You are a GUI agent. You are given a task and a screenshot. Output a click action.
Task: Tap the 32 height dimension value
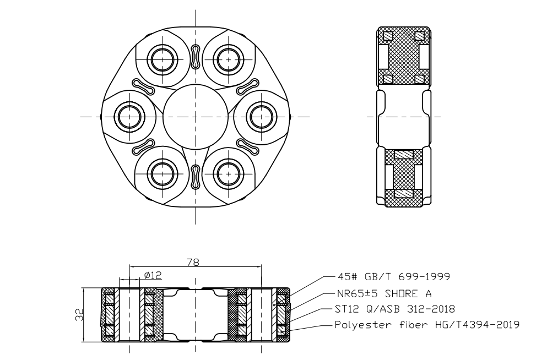(x=79, y=315)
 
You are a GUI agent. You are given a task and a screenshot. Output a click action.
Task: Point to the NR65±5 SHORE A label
(x=384, y=293)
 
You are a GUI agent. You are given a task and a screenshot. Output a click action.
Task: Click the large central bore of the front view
(x=196, y=117)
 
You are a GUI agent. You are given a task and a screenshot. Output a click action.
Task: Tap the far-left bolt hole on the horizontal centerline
(x=129, y=117)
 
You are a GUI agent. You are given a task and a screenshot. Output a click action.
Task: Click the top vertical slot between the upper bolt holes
(x=196, y=56)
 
